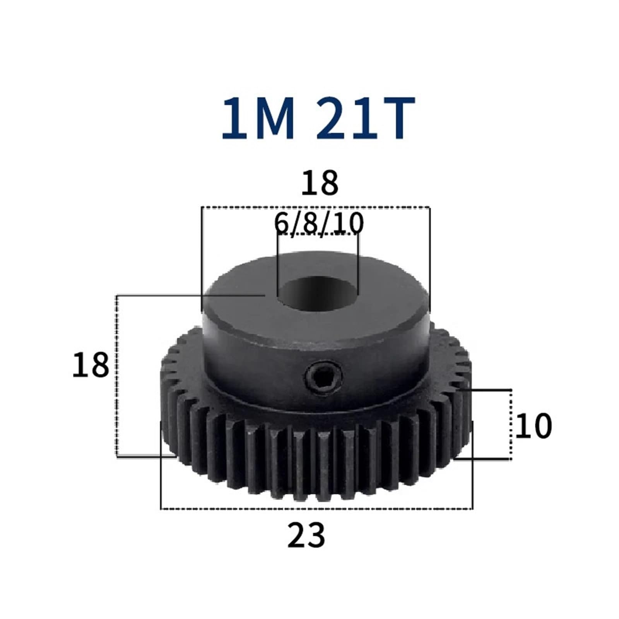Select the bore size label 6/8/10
(319, 223)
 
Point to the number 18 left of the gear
(91, 365)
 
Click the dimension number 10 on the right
(534, 426)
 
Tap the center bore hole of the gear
(318, 293)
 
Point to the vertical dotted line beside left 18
(116, 375)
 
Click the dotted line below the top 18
(315, 207)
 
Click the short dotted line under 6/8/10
(318, 234)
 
